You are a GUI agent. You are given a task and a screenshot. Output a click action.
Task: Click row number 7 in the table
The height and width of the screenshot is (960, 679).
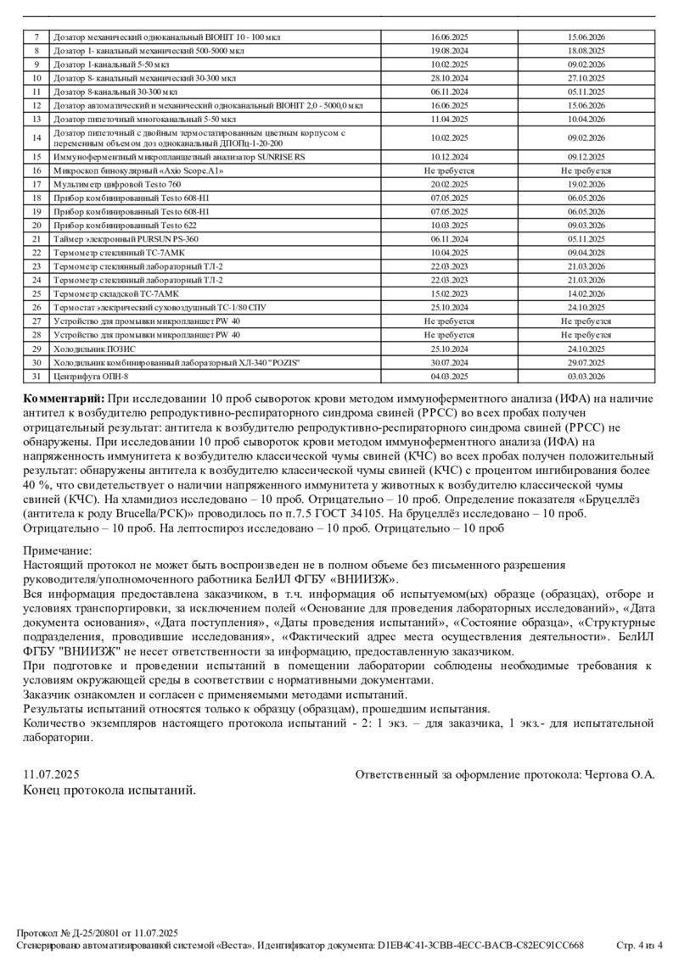pyautogui.click(x=36, y=38)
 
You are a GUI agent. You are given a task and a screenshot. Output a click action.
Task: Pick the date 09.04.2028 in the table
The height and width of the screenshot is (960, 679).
pyautogui.click(x=586, y=253)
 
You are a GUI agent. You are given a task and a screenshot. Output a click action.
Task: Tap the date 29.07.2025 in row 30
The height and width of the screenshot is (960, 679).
pyautogui.click(x=586, y=362)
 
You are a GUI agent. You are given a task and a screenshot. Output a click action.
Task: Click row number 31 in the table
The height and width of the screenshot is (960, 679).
pyautogui.click(x=36, y=376)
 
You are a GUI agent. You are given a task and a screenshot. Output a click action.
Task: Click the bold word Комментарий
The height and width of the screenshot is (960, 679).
pyautogui.click(x=65, y=398)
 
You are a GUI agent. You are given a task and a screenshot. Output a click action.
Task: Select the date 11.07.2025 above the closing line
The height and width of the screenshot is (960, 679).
pyautogui.click(x=51, y=774)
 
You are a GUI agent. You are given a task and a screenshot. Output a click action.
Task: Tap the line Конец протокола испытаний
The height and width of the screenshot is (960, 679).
pyautogui.click(x=109, y=790)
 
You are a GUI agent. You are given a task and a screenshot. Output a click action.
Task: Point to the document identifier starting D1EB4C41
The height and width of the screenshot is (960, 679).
pyautogui.click(x=481, y=945)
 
